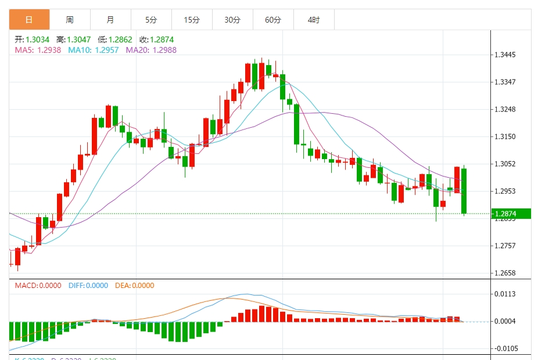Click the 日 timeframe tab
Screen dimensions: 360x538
(x=29, y=20)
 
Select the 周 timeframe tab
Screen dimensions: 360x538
(x=70, y=20)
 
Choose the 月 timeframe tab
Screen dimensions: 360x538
(x=110, y=20)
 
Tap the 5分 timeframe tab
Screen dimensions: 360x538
(x=151, y=20)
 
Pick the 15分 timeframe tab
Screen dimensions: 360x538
(x=192, y=20)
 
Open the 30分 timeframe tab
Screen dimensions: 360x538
(x=232, y=20)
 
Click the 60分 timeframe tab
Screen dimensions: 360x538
(x=273, y=20)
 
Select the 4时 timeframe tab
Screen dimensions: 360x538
(x=314, y=20)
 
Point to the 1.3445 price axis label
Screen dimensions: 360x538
(x=505, y=55)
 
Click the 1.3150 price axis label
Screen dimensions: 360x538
(x=505, y=137)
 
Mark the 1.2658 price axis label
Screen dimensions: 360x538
(x=505, y=273)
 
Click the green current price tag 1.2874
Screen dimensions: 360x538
(x=510, y=213)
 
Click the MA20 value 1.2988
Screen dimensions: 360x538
(x=164, y=50)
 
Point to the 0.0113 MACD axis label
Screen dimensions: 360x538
(x=505, y=294)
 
